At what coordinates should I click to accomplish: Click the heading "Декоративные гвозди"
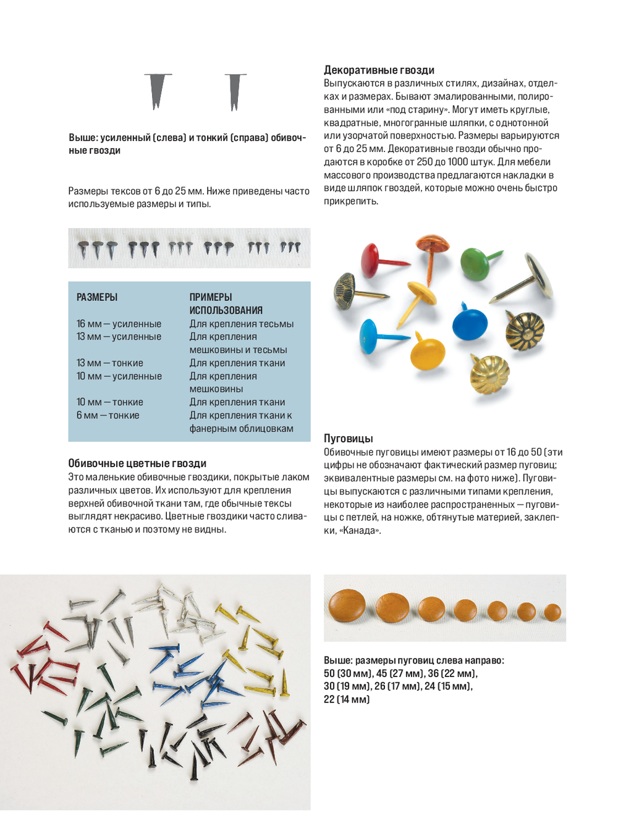(379, 70)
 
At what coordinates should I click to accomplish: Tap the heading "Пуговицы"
(348, 439)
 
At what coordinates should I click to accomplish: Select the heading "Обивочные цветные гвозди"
(137, 463)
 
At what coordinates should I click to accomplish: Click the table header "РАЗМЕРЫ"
(97, 297)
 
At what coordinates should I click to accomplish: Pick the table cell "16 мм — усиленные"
(119, 324)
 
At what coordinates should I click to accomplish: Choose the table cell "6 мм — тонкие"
(108, 415)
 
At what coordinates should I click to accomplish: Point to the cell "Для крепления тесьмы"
(242, 324)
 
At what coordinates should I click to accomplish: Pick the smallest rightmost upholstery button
(552, 612)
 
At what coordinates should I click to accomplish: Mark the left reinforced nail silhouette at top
(158, 90)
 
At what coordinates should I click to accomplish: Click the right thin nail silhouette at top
(234, 91)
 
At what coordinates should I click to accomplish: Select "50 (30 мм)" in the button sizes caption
(349, 673)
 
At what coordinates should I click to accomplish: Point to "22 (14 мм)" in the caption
(347, 699)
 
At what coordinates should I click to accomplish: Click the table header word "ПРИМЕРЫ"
(211, 297)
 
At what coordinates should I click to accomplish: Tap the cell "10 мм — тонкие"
(109, 402)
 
